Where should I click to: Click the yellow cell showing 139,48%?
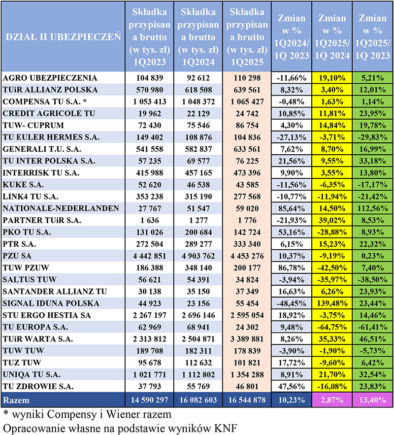(331, 302)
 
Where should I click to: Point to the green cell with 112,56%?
(372, 208)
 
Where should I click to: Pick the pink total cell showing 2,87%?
(331, 398)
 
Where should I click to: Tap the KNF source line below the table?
(119, 427)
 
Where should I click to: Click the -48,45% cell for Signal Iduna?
(291, 302)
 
